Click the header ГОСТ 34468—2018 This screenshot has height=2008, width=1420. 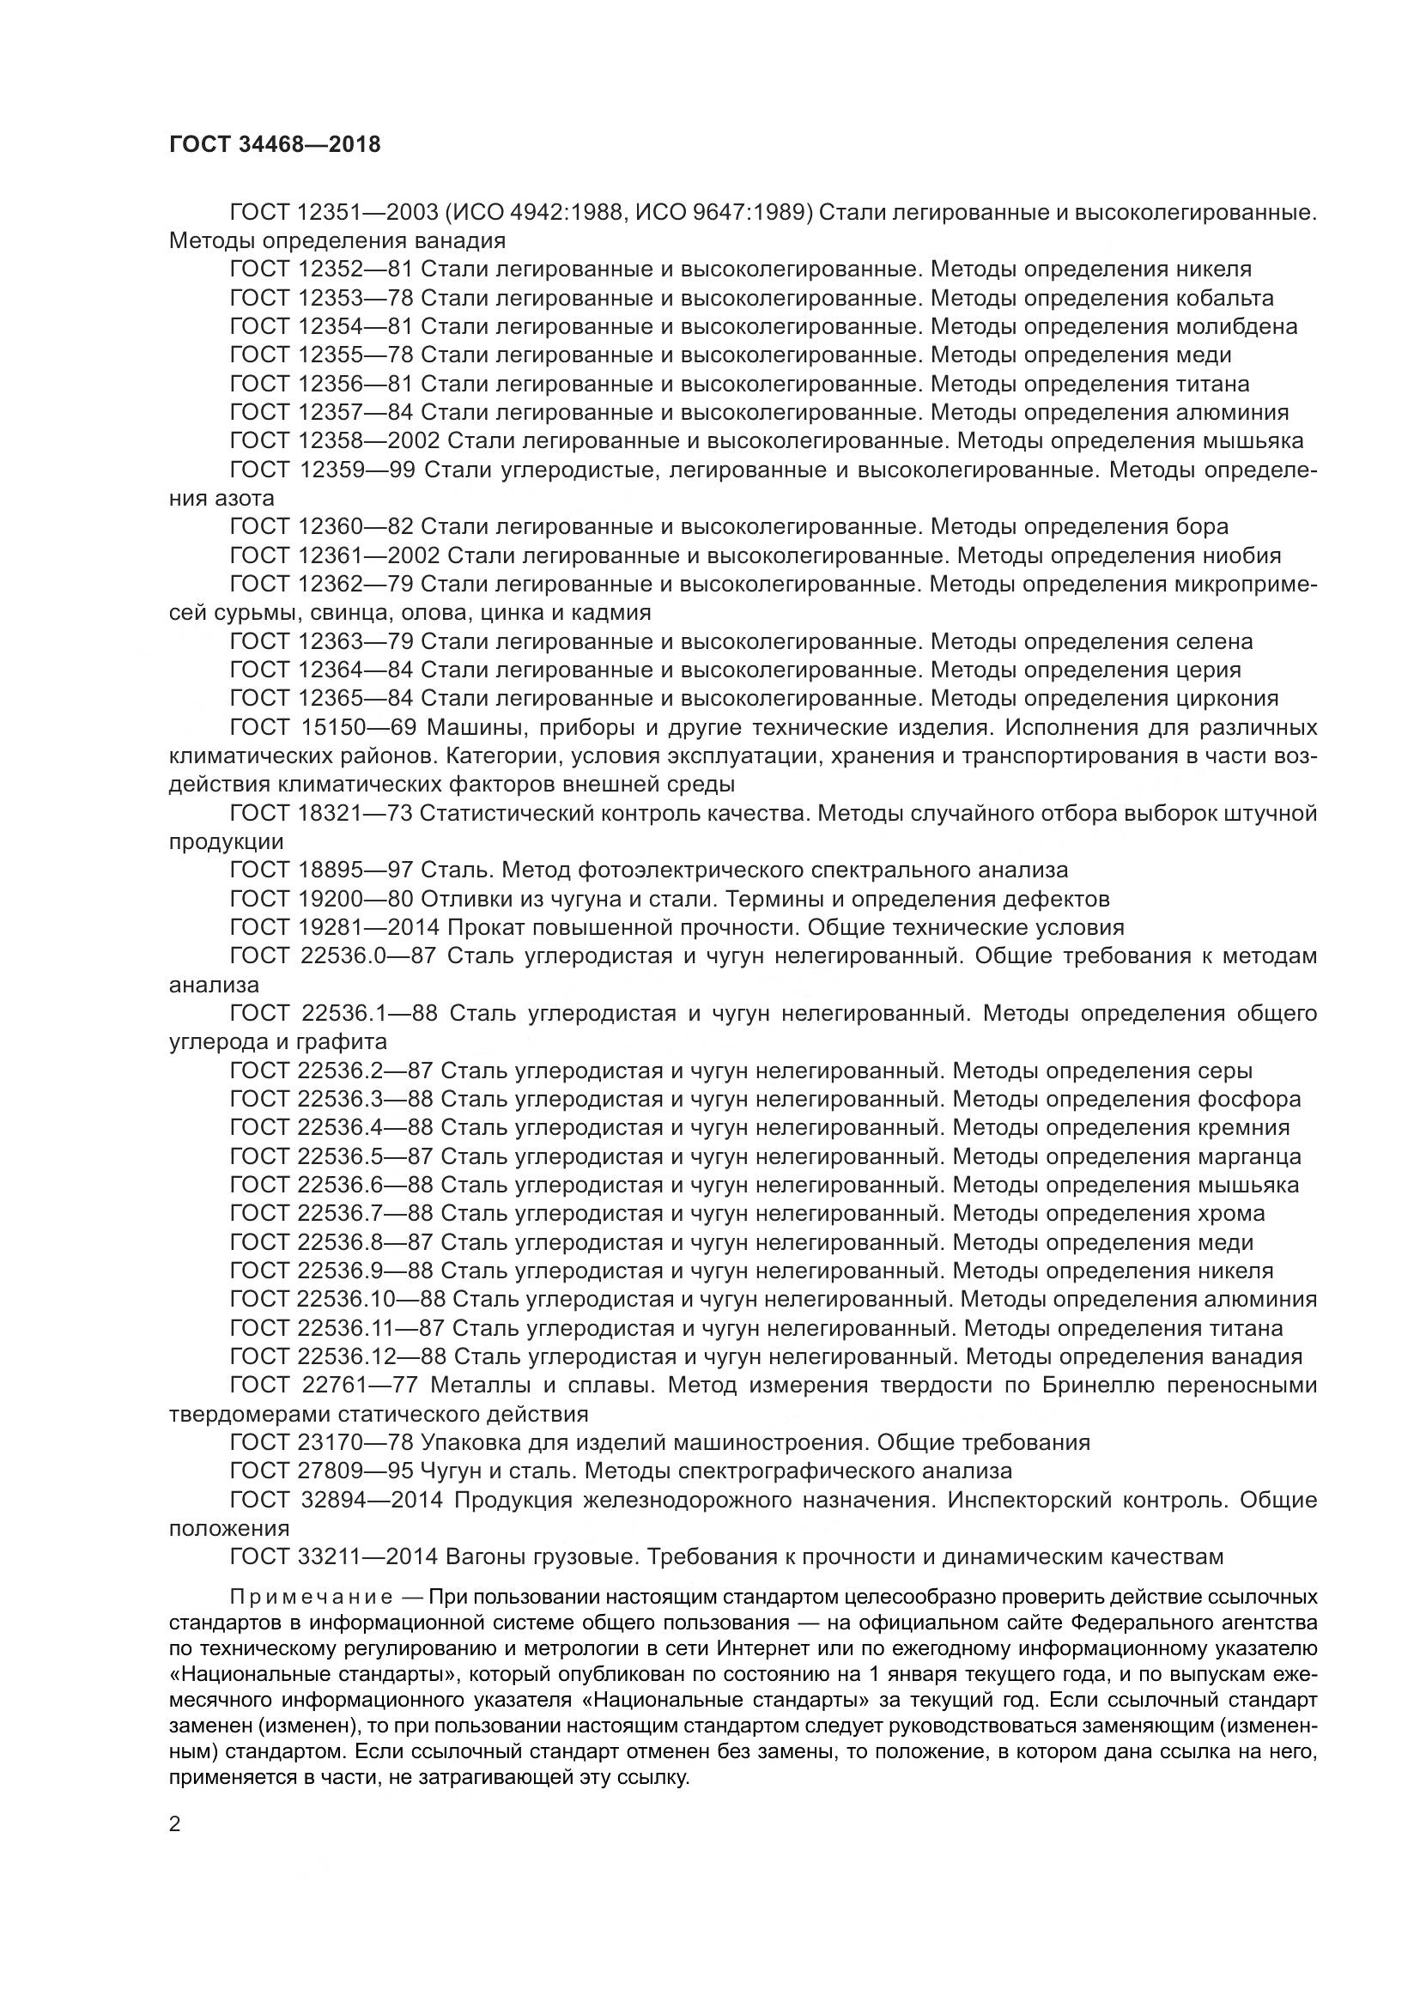pos(275,145)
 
